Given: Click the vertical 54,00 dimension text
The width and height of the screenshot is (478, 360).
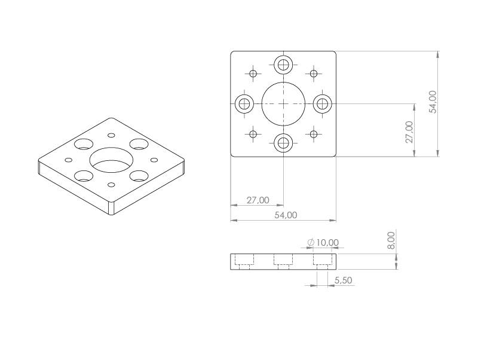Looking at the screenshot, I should click(433, 102).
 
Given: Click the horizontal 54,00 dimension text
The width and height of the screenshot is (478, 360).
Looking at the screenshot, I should click(286, 215).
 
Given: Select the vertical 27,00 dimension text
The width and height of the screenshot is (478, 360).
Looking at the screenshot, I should click(409, 132).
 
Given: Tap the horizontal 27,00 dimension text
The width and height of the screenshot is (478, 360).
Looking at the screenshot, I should click(258, 200).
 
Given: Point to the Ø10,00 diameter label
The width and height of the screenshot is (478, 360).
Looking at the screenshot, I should click(323, 242).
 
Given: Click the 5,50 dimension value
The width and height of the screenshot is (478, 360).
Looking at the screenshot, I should click(344, 280).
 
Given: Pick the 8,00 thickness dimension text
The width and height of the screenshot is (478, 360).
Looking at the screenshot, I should click(391, 240).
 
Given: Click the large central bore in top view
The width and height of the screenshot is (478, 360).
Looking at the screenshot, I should click(283, 103).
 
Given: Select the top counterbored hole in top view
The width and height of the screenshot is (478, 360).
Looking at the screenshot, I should click(283, 64).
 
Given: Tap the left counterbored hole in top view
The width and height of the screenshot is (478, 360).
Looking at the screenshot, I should click(244, 103).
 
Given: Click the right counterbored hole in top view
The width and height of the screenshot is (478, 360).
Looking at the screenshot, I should click(323, 103).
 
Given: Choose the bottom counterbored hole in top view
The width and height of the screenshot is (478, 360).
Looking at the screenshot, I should click(283, 143).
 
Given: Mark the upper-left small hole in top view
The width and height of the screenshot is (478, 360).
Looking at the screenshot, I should click(253, 74).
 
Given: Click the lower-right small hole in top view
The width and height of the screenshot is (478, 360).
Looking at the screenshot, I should click(314, 133).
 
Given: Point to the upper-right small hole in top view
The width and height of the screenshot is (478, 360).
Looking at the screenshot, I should click(314, 74).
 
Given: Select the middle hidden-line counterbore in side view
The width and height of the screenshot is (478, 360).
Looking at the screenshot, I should click(283, 260).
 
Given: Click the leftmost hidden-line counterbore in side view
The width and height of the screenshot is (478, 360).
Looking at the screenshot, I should click(244, 260).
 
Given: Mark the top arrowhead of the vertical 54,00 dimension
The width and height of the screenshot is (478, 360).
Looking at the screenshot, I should click(439, 54).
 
